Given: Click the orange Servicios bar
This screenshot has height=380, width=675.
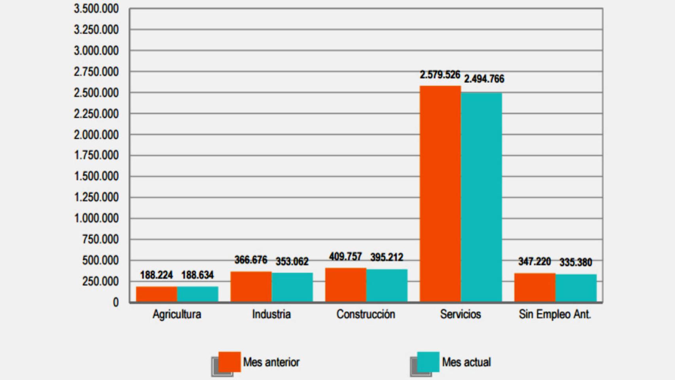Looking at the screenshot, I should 440,194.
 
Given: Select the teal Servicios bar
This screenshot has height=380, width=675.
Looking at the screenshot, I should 481,197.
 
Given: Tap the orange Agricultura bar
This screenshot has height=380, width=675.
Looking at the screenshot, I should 156,294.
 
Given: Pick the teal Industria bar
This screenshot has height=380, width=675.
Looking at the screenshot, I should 292,287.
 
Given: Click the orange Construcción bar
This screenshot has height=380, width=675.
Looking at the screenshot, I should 345,285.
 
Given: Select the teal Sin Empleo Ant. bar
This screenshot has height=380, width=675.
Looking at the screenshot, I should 576,288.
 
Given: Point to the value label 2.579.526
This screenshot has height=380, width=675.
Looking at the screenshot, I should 440,75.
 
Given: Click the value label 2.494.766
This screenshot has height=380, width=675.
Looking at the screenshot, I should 484,79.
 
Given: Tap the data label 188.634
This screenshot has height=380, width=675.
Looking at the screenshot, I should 197,275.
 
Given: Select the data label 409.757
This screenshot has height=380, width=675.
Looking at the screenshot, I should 345,257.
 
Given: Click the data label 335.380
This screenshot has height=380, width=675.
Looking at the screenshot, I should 576,262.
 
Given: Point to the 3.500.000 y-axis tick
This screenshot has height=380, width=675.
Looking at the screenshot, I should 96,9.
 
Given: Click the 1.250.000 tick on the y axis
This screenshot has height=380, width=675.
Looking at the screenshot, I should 96,197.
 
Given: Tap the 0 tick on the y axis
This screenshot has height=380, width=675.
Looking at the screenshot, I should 116,302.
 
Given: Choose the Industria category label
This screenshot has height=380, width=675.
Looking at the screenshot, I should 271,314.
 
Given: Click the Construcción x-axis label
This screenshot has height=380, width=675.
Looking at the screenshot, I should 366,314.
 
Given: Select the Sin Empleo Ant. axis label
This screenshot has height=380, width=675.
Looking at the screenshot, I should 555,314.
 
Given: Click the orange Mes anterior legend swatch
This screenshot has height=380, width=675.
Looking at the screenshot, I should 229,361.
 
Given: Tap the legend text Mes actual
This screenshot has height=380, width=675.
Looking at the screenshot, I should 466,362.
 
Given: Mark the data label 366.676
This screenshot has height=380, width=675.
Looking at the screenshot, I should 251,260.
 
